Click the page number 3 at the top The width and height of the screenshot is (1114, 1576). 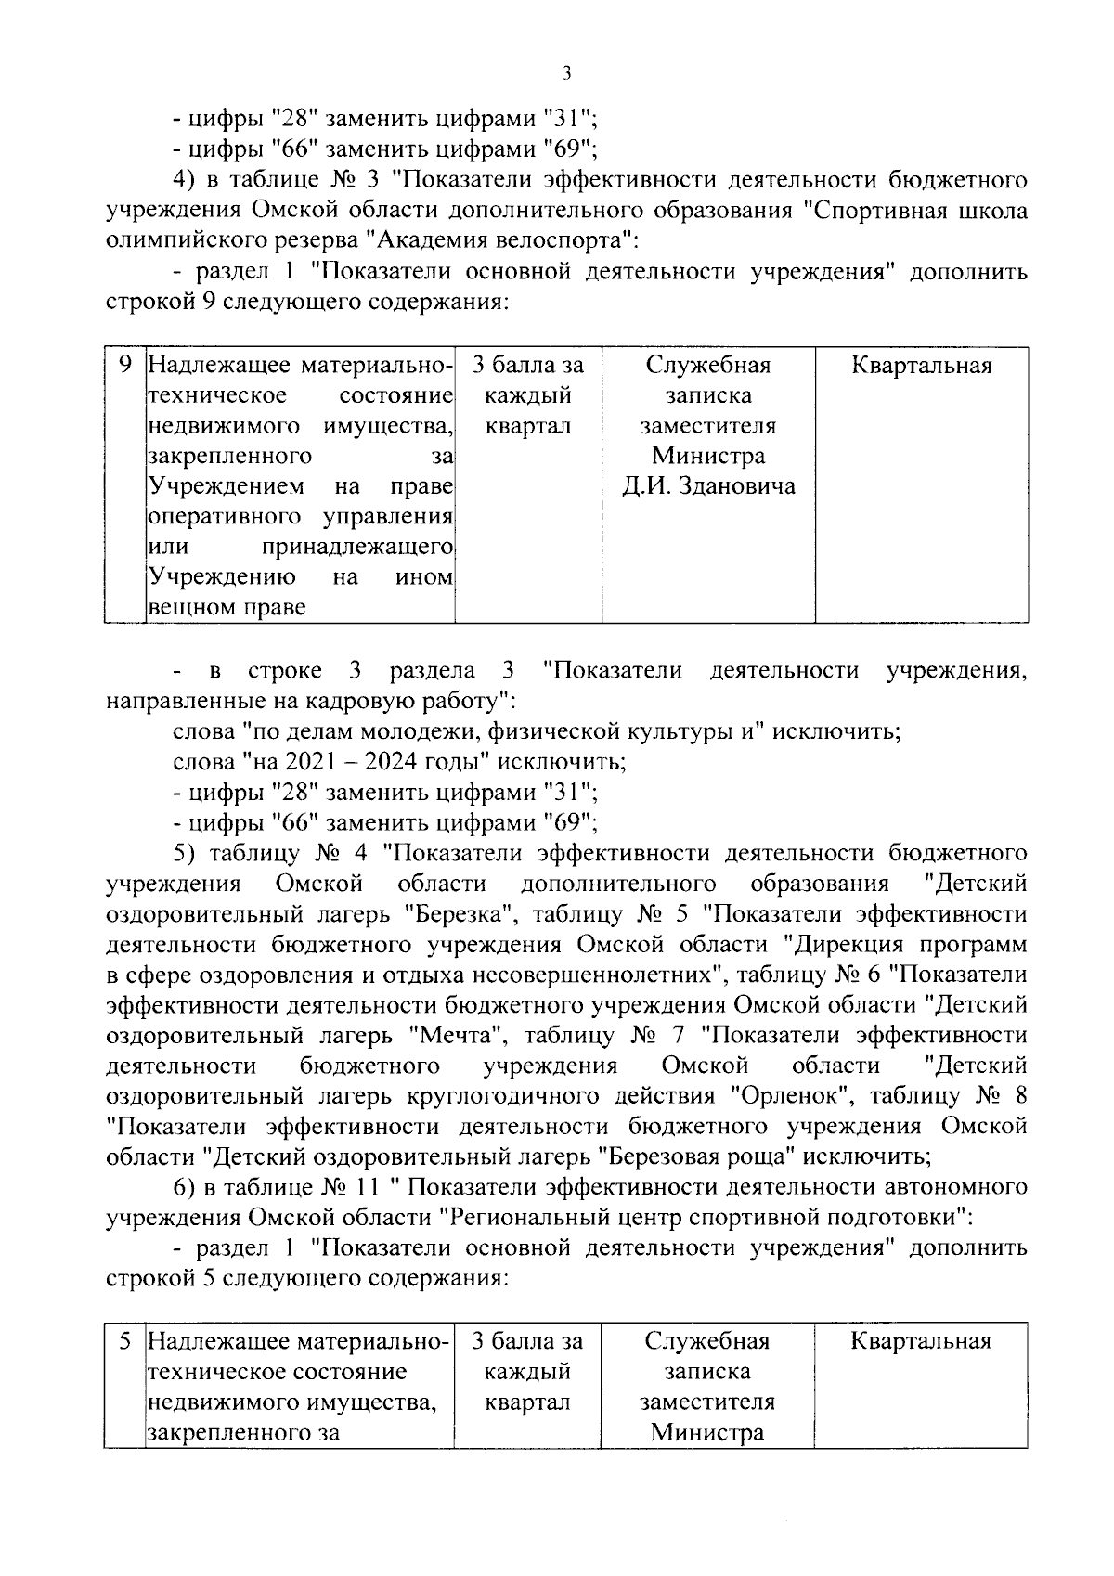coord(566,75)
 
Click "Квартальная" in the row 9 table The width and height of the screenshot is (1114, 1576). coord(921,366)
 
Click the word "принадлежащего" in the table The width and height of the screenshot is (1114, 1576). coord(358,547)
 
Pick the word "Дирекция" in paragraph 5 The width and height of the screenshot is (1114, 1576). coord(850,945)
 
